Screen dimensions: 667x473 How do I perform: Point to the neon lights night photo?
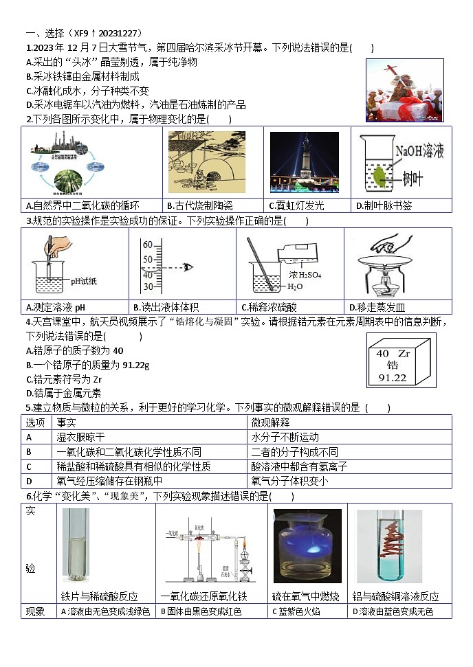point(304,162)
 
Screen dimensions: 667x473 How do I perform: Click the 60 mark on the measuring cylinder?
point(147,245)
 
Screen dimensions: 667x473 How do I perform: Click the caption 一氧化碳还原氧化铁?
point(203,596)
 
